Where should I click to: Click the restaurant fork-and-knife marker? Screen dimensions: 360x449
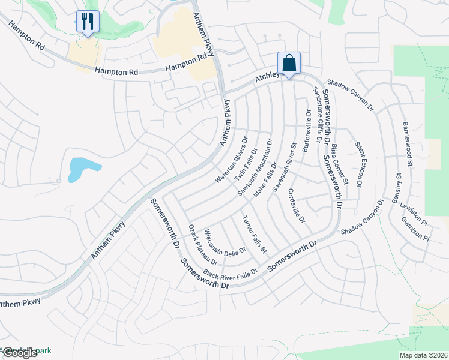pyautogui.click(x=88, y=22)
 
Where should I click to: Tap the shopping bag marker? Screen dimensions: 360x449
pyautogui.click(x=289, y=62)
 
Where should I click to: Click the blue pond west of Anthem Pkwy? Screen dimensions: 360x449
pyautogui.click(x=78, y=168)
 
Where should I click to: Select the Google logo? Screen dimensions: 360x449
pyautogui.click(x=20, y=353)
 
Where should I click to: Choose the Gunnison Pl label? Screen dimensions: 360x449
pyautogui.click(x=416, y=229)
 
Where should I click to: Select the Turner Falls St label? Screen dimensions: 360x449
pyautogui.click(x=255, y=233)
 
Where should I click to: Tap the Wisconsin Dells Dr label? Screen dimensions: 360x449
pyautogui.click(x=225, y=242)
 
